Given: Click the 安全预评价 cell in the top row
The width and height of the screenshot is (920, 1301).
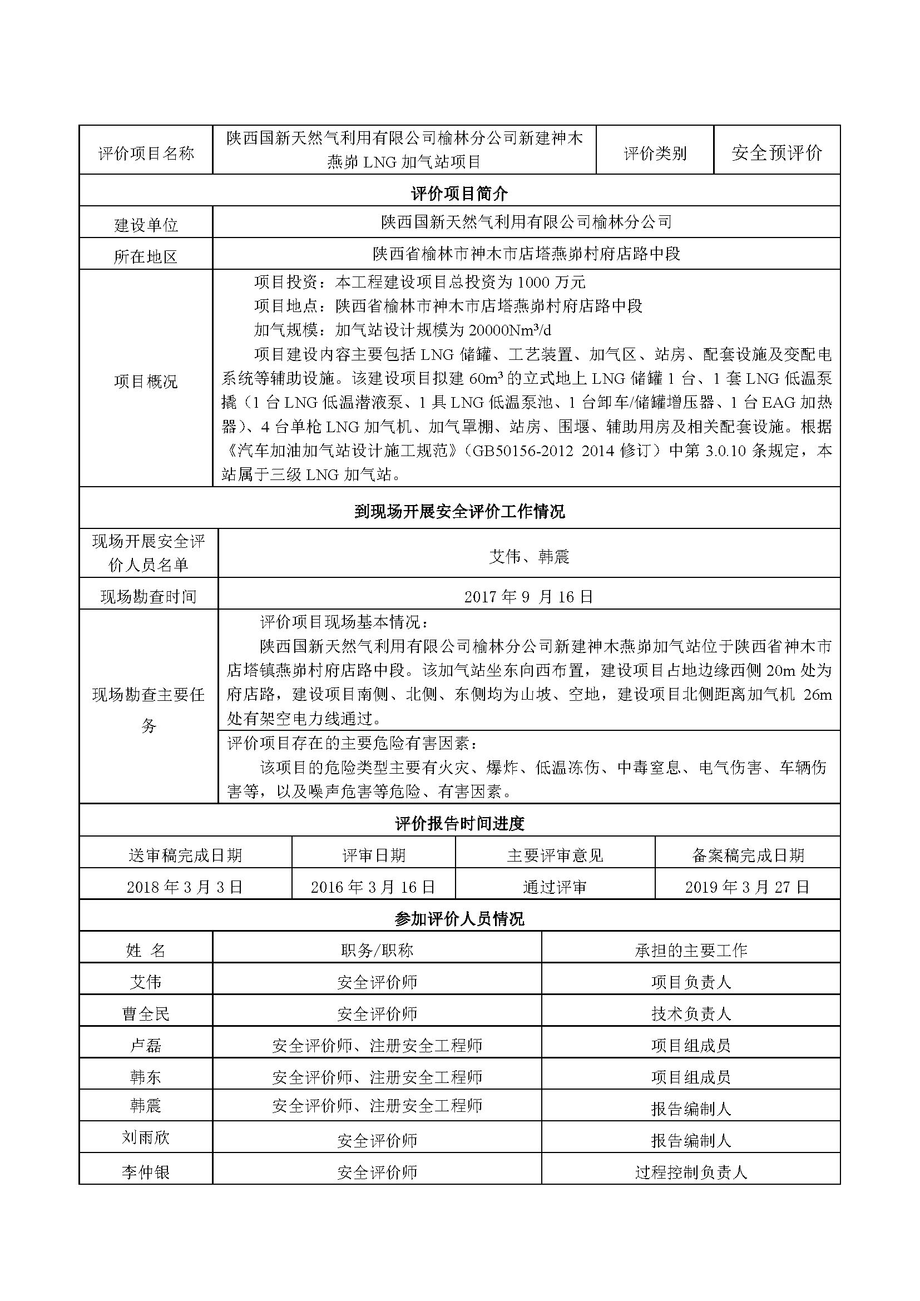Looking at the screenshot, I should point(776,152).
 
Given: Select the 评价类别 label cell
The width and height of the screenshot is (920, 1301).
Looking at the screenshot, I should point(655,153).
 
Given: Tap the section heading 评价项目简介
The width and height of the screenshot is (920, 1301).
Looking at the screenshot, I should point(459,194).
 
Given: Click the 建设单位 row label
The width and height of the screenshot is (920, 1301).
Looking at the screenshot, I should point(146,225).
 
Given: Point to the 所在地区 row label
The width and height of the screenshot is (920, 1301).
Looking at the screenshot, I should point(146,256).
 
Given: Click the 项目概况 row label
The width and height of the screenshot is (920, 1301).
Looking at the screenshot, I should point(146,381).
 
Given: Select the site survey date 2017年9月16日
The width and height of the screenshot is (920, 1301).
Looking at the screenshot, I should point(528,596).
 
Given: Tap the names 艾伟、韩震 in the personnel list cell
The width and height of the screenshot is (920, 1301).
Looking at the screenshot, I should point(528,557).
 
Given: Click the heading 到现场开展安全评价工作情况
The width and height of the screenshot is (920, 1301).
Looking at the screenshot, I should point(459,512).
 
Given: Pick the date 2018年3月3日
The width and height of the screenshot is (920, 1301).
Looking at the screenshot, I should point(185,887).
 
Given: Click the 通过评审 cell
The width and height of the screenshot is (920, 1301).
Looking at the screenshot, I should point(555,887).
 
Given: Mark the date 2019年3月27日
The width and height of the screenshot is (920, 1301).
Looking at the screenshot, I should point(747,887).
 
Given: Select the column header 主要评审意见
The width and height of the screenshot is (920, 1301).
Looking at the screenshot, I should point(555,855).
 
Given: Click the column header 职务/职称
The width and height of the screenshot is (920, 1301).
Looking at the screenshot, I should point(377,950).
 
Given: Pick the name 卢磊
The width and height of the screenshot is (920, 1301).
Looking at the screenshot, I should point(146,1046).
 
